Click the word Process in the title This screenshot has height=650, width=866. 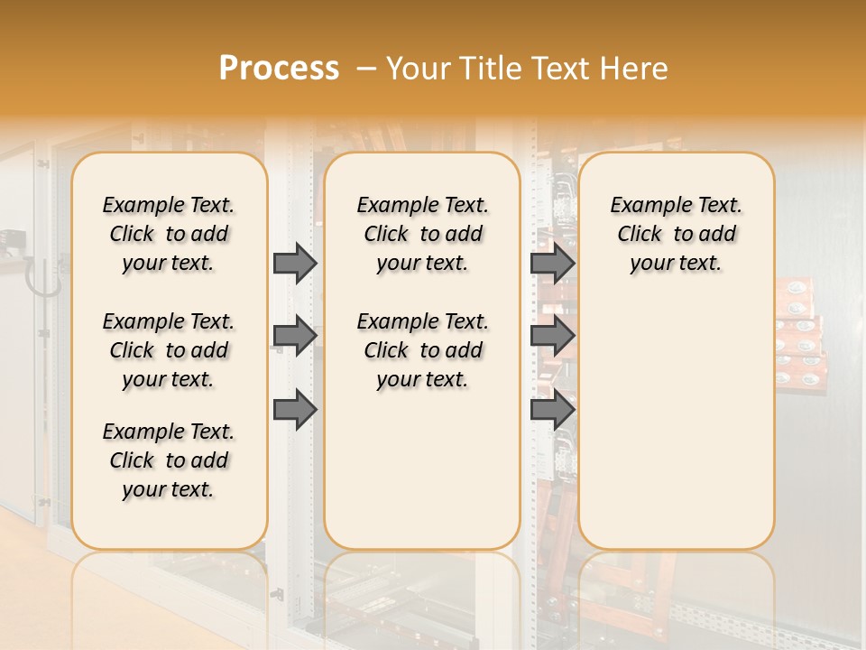pyautogui.click(x=279, y=68)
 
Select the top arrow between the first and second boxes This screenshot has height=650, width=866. pyautogui.click(x=295, y=263)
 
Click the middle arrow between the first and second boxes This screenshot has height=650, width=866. pyautogui.click(x=295, y=336)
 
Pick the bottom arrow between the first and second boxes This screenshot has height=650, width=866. pyautogui.click(x=295, y=410)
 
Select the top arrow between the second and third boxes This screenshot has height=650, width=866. pyautogui.click(x=552, y=263)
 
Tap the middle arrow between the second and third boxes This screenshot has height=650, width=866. pyautogui.click(x=552, y=336)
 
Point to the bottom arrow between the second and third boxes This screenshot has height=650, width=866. pyautogui.click(x=552, y=410)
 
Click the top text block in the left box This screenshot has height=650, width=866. pyautogui.click(x=169, y=234)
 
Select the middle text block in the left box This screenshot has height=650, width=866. pyautogui.click(x=169, y=350)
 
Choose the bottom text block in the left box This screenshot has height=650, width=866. pyautogui.click(x=169, y=460)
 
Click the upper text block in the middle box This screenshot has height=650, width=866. pyautogui.click(x=422, y=234)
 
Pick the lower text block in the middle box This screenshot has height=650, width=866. pyautogui.click(x=422, y=350)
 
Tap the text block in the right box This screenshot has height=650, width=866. pyautogui.click(x=676, y=234)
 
